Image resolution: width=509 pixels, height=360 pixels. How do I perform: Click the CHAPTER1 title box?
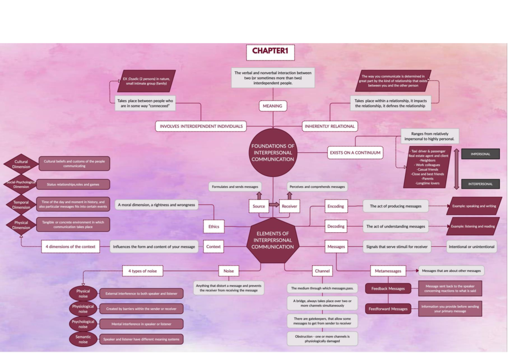(270, 51)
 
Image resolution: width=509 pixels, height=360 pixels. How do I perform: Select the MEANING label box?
(272, 106)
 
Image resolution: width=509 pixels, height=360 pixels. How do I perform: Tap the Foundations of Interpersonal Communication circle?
(272, 153)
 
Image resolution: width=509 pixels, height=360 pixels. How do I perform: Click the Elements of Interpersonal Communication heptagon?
(272, 240)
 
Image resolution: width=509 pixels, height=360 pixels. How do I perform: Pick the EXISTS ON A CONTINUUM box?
(355, 153)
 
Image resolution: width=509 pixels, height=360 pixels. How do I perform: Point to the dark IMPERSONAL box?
(480, 154)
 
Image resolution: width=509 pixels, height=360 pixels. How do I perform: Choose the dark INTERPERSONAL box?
(480, 184)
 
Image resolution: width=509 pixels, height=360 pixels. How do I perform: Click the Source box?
(259, 206)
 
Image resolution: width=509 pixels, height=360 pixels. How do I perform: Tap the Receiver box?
(289, 206)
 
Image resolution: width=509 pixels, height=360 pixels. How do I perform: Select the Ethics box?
(214, 227)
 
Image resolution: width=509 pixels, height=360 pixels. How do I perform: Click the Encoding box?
(336, 206)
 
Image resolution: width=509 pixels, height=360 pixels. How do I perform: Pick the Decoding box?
(336, 227)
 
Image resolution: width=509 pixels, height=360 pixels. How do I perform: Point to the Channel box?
(322, 271)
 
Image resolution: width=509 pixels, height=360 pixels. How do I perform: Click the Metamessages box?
(388, 271)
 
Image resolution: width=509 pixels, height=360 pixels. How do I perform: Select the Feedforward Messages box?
(388, 309)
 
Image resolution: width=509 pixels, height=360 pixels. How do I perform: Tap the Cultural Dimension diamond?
(21, 164)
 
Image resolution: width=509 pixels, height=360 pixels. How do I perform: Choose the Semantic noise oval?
(83, 339)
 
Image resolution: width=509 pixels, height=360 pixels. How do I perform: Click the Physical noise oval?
(83, 294)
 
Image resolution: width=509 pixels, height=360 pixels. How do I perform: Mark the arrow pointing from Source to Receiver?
(274, 205)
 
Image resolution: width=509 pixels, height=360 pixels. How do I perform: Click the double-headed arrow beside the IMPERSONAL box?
(456, 169)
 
